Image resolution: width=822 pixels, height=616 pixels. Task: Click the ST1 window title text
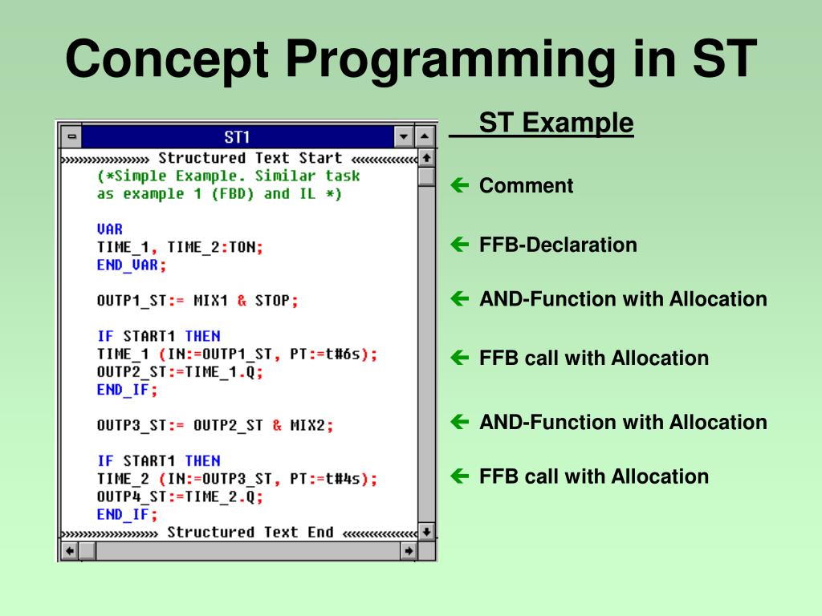pos(237,137)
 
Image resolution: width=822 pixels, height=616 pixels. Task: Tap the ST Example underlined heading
pos(556,123)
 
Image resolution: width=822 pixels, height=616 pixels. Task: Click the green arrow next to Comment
pos(460,185)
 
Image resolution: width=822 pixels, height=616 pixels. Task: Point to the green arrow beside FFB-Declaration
pos(460,244)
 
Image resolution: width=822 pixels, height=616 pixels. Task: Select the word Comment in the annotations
pos(527,185)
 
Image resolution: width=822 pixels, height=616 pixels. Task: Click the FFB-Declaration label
pos(559,245)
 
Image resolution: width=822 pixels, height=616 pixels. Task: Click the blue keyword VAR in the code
pos(109,229)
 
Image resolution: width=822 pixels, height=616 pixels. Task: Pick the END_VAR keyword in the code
pos(128,265)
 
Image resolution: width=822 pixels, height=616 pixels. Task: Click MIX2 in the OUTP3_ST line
pos(307,425)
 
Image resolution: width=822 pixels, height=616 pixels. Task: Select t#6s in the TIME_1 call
pos(343,354)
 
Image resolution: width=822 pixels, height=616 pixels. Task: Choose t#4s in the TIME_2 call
pos(343,479)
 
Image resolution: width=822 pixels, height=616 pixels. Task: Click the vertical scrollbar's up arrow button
pos(427,158)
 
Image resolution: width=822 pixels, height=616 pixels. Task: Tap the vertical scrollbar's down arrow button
pos(427,532)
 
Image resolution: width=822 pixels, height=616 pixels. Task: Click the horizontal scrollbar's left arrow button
pos(70,550)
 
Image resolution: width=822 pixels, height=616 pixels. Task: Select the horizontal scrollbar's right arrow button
pos(409,550)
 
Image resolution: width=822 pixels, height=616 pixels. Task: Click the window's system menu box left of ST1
pos(71,136)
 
